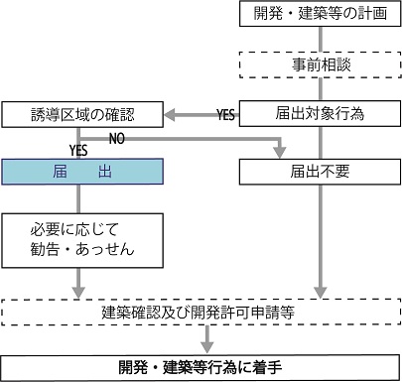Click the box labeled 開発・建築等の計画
[x=320, y=15]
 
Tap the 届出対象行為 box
[x=320, y=114]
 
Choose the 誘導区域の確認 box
[x=81, y=114]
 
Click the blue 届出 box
[x=81, y=172]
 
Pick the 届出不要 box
[x=320, y=172]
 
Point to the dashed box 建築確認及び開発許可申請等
[x=201, y=313]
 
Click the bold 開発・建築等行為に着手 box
[x=201, y=365]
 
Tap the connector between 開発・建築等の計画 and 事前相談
[x=320, y=39]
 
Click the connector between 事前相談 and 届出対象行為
[x=320, y=90]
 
